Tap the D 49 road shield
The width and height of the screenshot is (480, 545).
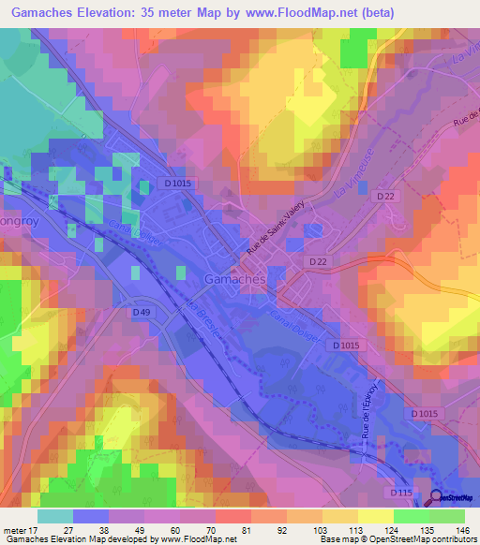(x=142, y=311)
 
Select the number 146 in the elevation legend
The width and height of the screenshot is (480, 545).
(x=462, y=529)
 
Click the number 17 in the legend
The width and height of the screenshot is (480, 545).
(x=37, y=529)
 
